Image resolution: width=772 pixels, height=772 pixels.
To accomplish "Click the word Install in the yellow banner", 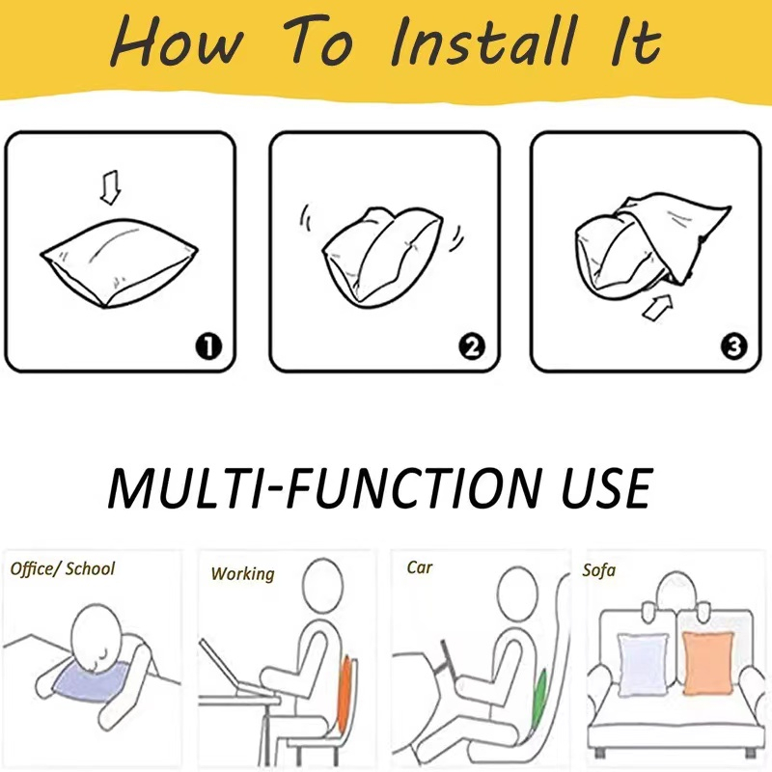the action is click(483, 41).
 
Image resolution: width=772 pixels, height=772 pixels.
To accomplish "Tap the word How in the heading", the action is click(178, 41).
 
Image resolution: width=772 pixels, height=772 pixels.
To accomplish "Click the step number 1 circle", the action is click(208, 346).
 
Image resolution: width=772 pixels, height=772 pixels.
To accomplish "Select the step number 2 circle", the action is click(472, 346).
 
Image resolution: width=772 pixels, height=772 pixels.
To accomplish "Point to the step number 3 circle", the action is click(733, 346).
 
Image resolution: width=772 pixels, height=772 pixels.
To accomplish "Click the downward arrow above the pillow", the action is click(110, 187).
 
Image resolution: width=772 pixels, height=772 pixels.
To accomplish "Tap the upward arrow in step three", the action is click(658, 308).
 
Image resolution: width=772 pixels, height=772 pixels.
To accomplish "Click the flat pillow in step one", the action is click(119, 262).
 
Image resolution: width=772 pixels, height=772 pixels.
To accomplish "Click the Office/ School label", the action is click(63, 569).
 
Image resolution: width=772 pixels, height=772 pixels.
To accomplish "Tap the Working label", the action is click(243, 574).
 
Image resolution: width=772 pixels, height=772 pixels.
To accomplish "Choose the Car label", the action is click(420, 567).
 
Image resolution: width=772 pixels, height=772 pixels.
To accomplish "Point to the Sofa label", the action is click(598, 570).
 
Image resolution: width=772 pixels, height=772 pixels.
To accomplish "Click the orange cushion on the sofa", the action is click(707, 663).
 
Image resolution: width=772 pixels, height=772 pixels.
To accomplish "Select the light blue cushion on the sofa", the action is click(644, 665).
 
